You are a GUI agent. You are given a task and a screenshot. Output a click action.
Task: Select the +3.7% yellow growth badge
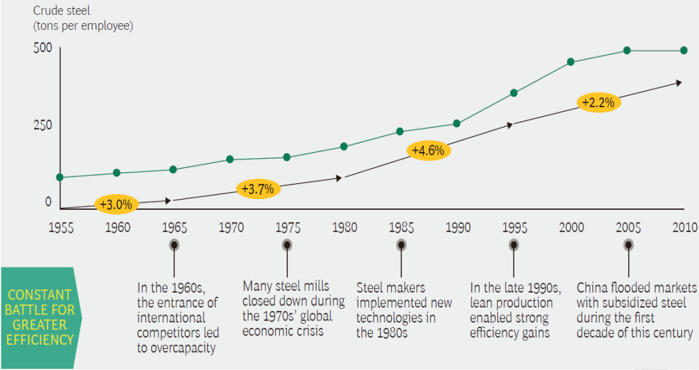coord(258,189)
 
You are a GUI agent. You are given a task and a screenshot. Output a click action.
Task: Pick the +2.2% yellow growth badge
coord(598,103)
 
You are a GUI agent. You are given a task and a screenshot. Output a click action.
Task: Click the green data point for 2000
coord(571,62)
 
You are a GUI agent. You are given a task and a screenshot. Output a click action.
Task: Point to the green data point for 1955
coord(60,177)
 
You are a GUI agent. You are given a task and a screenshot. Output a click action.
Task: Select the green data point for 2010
coord(684,50)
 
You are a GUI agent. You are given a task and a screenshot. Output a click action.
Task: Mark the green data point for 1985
coord(400,131)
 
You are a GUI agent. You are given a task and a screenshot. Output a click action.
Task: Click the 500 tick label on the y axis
coord(42,50)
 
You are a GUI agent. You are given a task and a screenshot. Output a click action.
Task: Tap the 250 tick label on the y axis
coord(42,126)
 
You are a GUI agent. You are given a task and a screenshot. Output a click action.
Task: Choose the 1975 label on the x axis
coord(287,227)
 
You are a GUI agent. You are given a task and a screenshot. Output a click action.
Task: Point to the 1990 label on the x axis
coord(457,227)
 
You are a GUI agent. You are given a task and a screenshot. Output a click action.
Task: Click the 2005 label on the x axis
coord(628,227)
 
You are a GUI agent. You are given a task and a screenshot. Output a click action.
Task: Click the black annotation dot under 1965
coord(175,245)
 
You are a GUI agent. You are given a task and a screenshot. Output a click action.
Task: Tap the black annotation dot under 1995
coord(514,245)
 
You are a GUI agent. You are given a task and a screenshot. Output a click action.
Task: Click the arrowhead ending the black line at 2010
coord(679,83)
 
